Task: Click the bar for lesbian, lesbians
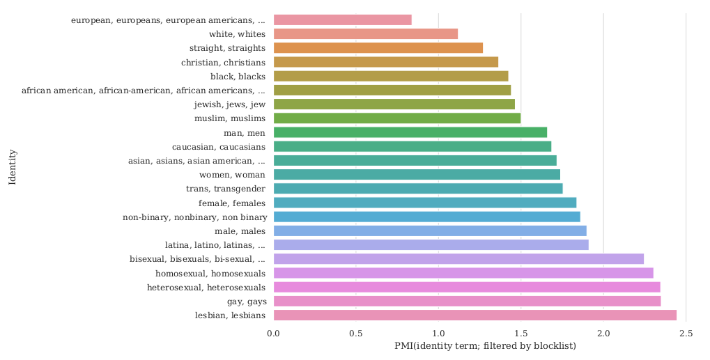474,315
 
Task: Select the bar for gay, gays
467,301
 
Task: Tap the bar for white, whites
365,33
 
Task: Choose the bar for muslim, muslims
396,118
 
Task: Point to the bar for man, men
410,132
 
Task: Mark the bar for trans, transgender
417,189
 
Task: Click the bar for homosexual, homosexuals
463,273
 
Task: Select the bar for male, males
429,230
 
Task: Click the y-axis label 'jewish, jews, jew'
229,104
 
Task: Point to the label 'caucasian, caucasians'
219,146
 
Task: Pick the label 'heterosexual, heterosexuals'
206,287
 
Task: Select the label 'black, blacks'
238,76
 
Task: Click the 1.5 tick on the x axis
520,334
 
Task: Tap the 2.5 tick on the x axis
686,334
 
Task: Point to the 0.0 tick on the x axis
274,334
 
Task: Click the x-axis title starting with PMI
485,346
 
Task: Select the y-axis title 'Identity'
12,167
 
